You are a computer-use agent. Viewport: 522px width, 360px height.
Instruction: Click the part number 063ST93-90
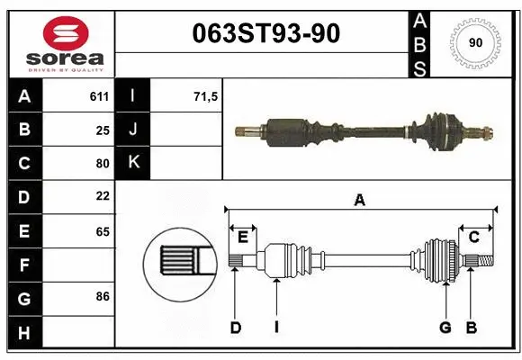pos(266,33)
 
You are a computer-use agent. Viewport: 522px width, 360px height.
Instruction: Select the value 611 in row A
pos(99,96)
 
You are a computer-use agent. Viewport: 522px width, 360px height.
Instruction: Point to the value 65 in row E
pos(102,231)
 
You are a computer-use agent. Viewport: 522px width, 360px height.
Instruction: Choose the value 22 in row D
pos(102,195)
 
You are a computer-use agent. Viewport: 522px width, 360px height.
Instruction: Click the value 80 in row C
pos(102,164)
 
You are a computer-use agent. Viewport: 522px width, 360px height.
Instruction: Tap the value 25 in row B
pos(102,130)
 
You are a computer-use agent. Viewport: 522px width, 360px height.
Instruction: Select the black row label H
pos(24,333)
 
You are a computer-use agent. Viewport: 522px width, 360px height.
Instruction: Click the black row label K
pos(133,163)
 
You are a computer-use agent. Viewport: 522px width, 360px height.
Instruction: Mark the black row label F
pos(24,265)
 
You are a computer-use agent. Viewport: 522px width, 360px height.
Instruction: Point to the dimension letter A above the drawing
pos(360,201)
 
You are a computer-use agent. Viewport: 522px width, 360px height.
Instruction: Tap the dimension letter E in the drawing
pos(243,237)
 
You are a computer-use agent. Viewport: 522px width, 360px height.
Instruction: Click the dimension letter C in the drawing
pos(473,237)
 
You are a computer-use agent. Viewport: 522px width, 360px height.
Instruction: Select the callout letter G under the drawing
pos(445,328)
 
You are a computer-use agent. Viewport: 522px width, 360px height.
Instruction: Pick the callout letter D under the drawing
pos(235,328)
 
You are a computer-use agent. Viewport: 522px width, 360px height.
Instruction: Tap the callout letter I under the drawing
pos(276,328)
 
